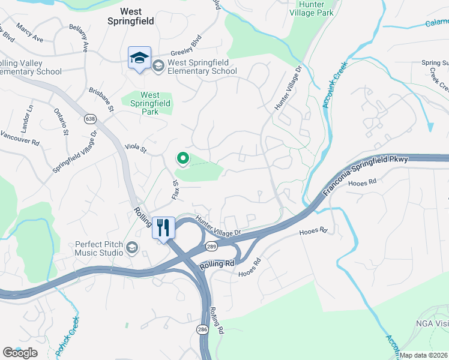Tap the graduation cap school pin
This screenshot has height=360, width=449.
139,58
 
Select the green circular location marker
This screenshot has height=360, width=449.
182,158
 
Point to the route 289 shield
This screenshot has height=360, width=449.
212,246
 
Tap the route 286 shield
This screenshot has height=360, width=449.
204,329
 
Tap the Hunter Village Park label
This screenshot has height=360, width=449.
311,8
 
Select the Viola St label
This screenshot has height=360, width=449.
135,147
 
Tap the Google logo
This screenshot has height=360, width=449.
20,352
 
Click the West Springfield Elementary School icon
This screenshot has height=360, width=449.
159,65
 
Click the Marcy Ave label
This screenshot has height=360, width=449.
30,37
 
